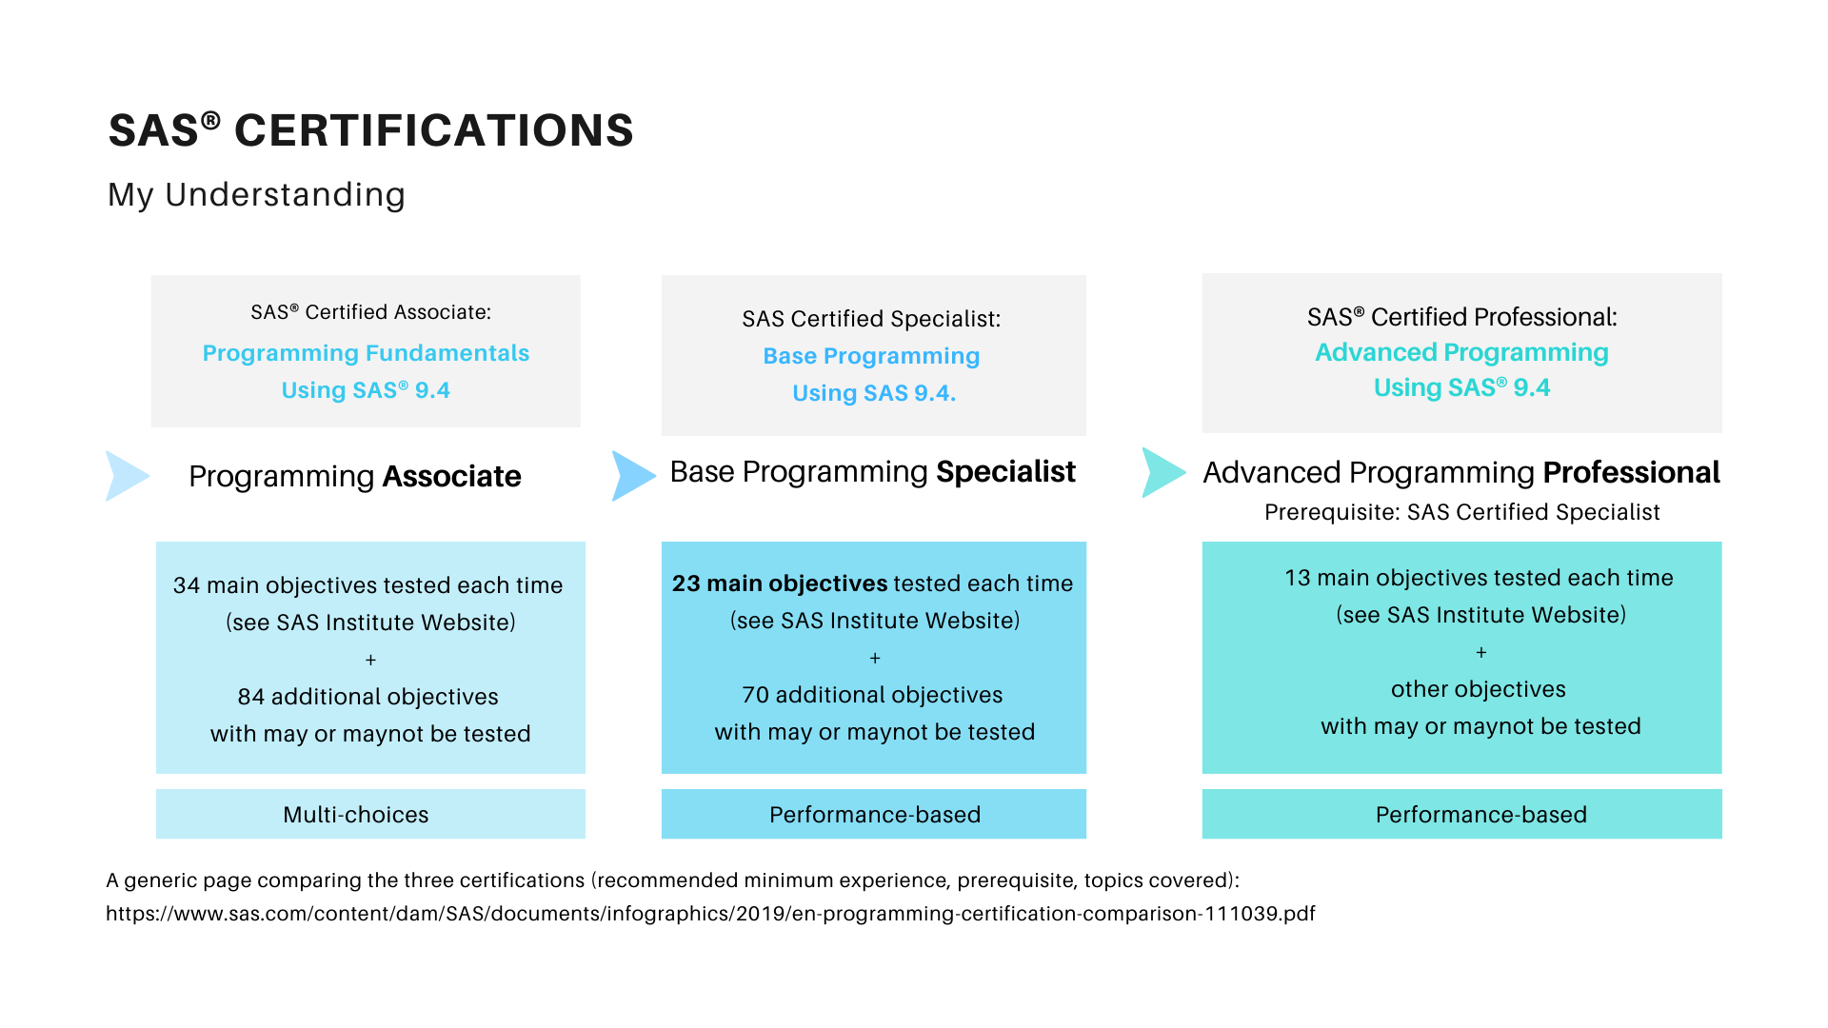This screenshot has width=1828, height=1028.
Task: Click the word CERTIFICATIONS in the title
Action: pos(434,130)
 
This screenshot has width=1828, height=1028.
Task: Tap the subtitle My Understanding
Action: pos(256,194)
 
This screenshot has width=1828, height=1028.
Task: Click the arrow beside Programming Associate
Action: pos(127,476)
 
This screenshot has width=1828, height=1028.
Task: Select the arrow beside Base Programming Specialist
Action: pos(633,476)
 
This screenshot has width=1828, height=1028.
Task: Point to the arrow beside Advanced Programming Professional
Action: pos(1163,472)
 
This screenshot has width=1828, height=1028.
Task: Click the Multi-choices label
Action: pos(356,815)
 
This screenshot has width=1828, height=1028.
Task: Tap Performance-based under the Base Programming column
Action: pos(875,815)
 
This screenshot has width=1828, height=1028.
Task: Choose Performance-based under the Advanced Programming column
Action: pos(1481,815)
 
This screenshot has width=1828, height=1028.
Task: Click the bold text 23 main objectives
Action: pos(780,583)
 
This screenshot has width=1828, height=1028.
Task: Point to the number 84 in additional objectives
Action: pos(251,697)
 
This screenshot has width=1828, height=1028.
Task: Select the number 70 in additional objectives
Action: pos(756,695)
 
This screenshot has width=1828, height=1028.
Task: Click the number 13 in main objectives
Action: pos(1298,578)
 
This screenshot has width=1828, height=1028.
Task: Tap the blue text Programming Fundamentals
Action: pos(366,353)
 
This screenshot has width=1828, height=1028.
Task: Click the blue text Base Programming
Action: pos(871,356)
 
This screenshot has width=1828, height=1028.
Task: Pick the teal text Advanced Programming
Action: pos(1461,352)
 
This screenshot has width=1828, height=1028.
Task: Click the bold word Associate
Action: pos(451,476)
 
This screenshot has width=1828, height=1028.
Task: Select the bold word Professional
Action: pos(1631,472)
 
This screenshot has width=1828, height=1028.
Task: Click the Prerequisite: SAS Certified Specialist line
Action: pos(1461,512)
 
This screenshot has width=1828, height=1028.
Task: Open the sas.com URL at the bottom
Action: pos(710,914)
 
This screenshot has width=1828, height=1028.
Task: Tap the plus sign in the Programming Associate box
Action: pos(370,660)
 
